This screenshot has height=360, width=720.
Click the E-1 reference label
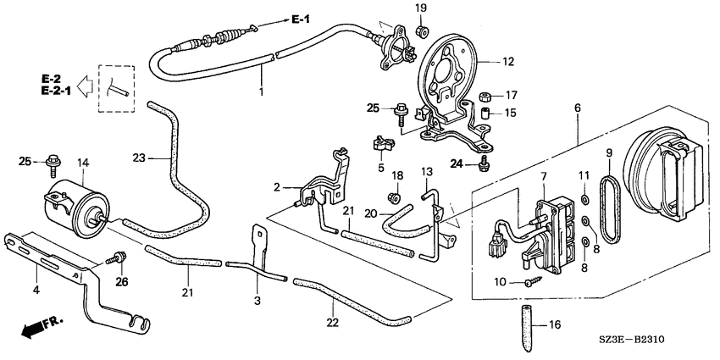(301, 19)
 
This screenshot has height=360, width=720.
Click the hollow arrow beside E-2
(85, 86)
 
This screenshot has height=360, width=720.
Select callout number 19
(421, 8)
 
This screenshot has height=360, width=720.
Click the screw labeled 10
(534, 280)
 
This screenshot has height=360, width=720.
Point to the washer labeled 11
(584, 200)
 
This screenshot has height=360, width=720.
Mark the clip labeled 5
(382, 144)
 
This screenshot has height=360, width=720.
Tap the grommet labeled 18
(394, 197)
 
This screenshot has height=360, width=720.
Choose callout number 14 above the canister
(83, 163)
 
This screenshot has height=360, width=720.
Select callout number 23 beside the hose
(139, 158)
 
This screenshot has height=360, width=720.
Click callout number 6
(578, 108)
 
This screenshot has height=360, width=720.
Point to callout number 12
(508, 61)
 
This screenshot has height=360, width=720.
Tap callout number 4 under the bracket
(36, 290)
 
